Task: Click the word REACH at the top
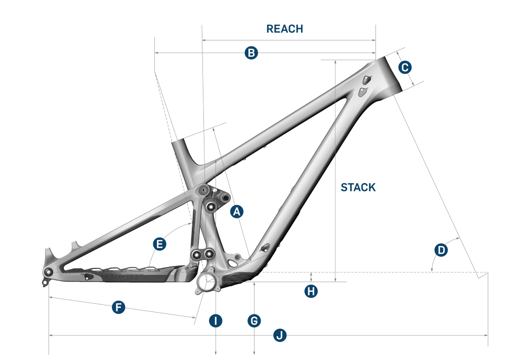285,29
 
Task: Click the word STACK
358,188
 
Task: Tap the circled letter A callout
237,212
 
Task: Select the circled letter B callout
251,53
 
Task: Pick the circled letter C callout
405,67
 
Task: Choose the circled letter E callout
160,244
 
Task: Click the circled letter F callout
118,307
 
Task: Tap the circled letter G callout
254,321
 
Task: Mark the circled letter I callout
216,321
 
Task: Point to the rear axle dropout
49,273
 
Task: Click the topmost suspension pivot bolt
204,190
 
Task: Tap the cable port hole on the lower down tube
264,248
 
